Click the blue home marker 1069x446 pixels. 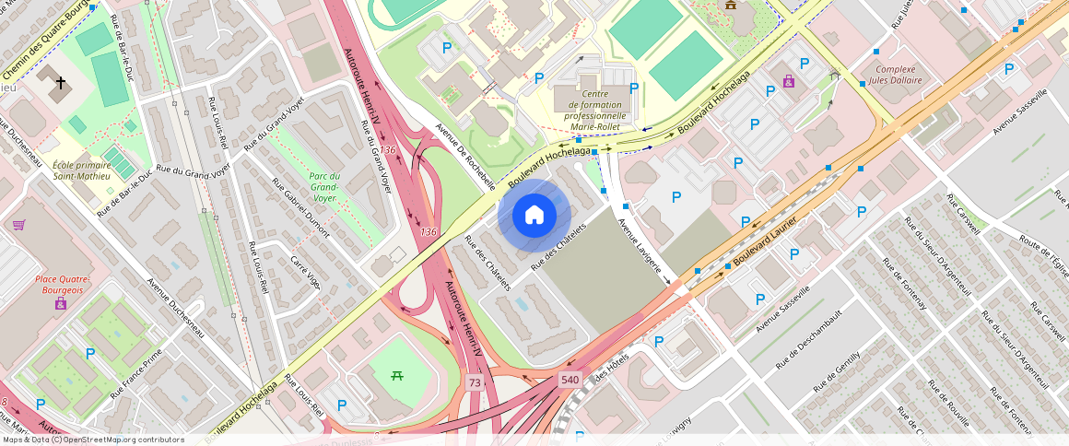pos(534,216)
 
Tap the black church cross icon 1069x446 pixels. pos(61,84)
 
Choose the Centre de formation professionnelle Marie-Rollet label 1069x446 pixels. pos(594,105)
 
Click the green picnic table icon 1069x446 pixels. pos(398,374)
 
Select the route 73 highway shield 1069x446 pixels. pos(475,382)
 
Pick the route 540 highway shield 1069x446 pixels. pos(570,380)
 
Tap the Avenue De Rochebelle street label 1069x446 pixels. pos(465,157)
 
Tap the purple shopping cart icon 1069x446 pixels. pos(18,224)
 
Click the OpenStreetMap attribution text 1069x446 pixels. pos(93,440)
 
